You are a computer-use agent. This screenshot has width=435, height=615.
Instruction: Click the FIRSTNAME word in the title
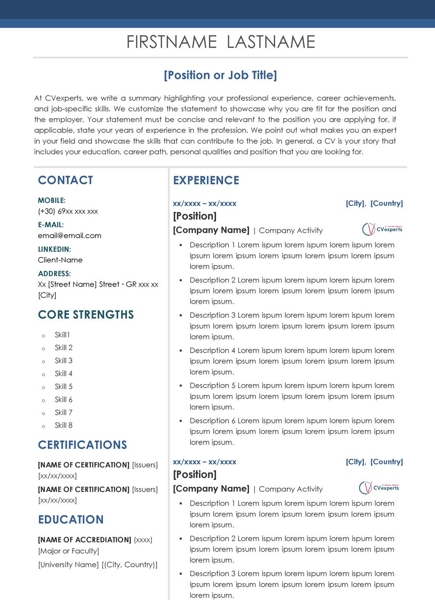[171, 42]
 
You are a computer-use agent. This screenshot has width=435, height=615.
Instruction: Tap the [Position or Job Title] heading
[221, 75]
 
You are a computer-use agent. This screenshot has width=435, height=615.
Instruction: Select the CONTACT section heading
[66, 180]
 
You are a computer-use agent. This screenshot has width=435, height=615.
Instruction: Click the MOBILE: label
[52, 200]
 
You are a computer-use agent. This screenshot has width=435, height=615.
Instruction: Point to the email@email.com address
[70, 236]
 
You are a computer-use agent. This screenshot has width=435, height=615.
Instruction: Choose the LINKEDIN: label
[55, 249]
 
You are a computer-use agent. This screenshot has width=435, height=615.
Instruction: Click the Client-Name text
[60, 260]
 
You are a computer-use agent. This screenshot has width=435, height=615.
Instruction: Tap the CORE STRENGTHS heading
[86, 315]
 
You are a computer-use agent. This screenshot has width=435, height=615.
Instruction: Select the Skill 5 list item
[64, 387]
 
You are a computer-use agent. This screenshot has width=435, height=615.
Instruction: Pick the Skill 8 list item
[64, 426]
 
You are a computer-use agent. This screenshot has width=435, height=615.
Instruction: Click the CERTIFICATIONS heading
[82, 445]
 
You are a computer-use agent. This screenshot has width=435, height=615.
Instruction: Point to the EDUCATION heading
[71, 520]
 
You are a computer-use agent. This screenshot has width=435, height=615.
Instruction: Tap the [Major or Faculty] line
[68, 551]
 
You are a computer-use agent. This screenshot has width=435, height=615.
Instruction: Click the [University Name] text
[68, 565]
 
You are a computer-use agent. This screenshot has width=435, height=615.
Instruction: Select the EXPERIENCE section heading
[206, 180]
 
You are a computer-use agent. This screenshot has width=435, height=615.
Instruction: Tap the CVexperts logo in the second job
[379, 488]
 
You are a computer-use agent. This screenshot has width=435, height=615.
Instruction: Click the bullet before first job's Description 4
[181, 351]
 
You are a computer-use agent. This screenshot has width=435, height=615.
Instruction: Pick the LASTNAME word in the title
[271, 42]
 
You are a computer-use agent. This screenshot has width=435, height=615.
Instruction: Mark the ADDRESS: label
[55, 274]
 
